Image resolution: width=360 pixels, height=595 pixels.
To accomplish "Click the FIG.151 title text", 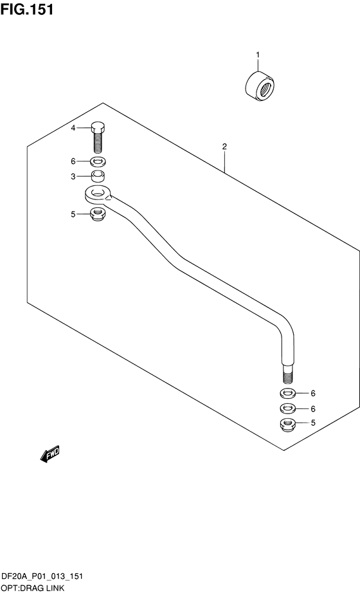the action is tap(27, 10).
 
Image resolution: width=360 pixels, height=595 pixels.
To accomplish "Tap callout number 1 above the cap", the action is tap(258, 55).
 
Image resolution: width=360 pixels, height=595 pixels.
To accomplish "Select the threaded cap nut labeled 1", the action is tap(260, 86).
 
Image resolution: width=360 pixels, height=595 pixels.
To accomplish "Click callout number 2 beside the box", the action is tap(224, 146).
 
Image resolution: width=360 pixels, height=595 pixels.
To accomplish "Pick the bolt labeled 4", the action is tap(98, 137).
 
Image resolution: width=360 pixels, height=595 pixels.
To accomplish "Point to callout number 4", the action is tap(73, 128).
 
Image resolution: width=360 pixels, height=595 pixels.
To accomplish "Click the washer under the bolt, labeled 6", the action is tap(98, 162).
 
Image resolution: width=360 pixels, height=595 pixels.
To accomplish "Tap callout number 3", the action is tap(73, 176).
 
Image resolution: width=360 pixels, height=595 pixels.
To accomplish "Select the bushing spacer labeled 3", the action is tap(98, 176).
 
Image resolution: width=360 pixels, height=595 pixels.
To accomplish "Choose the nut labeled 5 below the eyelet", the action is tap(98, 214).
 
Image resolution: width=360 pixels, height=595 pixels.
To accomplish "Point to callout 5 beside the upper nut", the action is tap(73, 214).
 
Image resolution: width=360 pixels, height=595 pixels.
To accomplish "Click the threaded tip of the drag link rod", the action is tap(288, 377).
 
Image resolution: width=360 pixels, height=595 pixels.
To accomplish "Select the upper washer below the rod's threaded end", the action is tap(288, 393).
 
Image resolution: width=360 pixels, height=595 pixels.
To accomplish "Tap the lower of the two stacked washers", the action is tap(288, 408).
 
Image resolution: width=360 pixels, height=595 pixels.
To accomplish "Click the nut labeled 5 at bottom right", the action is tap(288, 424).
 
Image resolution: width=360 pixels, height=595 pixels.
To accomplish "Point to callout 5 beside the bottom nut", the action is tap(313, 423).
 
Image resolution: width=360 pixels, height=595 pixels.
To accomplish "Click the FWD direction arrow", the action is tap(50, 454).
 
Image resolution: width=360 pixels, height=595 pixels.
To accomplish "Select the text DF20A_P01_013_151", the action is tap(42, 577).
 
